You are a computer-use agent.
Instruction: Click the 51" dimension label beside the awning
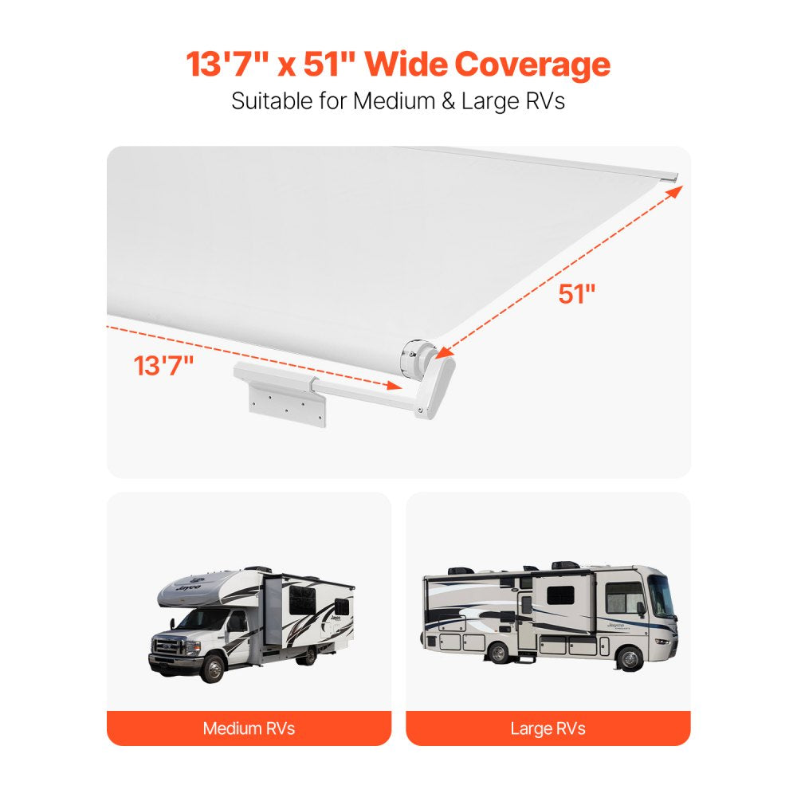pyautogui.click(x=576, y=293)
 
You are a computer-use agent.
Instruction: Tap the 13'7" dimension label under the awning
pyautogui.click(x=163, y=366)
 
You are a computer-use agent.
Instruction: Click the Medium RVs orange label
pyautogui.click(x=249, y=728)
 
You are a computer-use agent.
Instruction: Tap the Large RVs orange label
pyautogui.click(x=548, y=728)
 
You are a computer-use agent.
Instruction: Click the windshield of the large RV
pyautogui.click(x=660, y=595)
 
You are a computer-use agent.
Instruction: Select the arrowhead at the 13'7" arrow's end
pyautogui.click(x=393, y=386)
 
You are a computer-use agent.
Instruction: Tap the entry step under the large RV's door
pyautogui.click(x=549, y=660)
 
